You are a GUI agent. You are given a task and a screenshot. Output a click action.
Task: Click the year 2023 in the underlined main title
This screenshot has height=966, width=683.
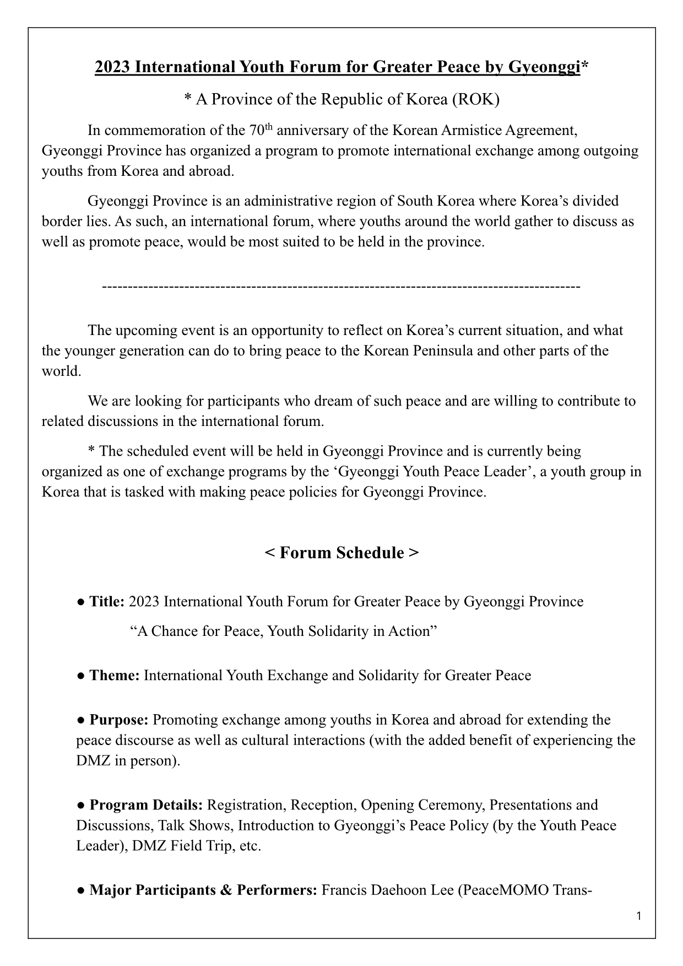(113, 67)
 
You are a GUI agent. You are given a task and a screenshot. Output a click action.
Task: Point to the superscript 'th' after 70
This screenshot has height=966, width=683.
(269, 127)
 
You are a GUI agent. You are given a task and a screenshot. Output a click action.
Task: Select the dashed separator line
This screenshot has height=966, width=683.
(341, 287)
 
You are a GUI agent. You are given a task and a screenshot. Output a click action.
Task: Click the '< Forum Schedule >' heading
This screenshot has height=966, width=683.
(341, 553)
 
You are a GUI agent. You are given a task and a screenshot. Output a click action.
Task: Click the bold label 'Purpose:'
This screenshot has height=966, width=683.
(119, 720)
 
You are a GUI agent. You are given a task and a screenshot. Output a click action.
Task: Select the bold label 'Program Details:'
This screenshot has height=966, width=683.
(147, 805)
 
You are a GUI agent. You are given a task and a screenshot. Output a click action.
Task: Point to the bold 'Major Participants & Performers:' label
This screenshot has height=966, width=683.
(203, 891)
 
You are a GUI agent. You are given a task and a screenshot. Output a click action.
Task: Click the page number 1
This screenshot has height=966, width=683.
(638, 917)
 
